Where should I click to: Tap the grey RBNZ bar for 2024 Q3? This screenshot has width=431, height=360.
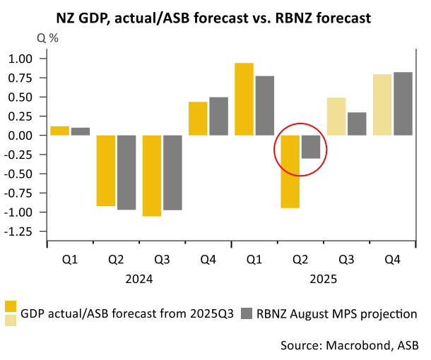172,172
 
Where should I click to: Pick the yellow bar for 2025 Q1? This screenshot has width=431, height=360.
244,99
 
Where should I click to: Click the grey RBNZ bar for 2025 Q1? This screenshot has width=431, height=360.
265,105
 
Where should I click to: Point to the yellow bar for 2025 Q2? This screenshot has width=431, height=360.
290,172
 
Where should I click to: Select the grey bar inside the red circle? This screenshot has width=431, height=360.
311,147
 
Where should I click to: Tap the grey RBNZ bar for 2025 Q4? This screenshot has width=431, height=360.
403,104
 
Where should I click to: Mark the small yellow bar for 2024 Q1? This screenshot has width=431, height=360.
60,131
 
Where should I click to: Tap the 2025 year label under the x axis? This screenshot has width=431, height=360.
323,280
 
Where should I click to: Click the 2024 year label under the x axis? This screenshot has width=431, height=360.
138,280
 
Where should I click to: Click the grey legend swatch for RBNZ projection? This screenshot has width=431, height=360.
247,313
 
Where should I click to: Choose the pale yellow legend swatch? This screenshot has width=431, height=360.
11,321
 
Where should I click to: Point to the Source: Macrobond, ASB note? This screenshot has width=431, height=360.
346,345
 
